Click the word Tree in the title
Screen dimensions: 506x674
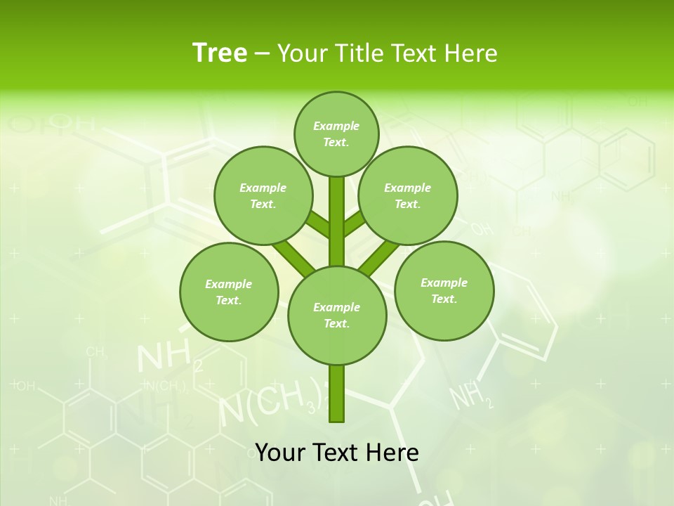pos(220,53)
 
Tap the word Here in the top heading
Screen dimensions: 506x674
pos(470,53)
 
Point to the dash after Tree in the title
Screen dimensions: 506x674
pos(262,54)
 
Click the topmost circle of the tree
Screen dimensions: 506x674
pos(336,134)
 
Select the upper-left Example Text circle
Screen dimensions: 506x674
pos(263,195)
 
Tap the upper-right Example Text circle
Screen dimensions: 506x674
pos(408,195)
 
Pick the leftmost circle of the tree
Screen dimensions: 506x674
pos(229,292)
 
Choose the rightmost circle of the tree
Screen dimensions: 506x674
pos(444,290)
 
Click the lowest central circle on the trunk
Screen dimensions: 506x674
pos(337,315)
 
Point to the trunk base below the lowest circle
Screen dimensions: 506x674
pos(337,394)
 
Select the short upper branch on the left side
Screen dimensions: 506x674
pos(318,225)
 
